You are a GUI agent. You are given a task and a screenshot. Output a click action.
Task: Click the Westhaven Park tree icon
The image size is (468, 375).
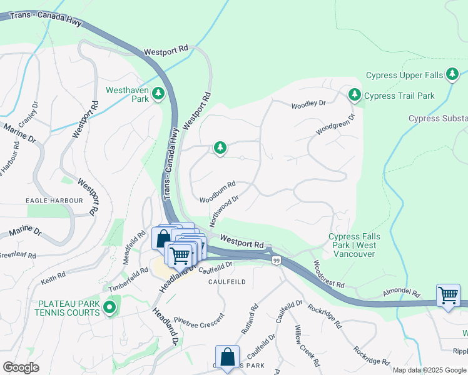pyautogui.click(x=159, y=94)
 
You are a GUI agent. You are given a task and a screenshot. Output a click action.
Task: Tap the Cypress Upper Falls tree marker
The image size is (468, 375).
pyautogui.click(x=452, y=76)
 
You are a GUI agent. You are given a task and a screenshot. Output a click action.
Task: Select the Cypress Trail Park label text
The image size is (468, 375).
pyautogui.click(x=399, y=96)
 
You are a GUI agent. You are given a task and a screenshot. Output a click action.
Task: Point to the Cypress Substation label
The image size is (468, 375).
pyautogui.click(x=438, y=118)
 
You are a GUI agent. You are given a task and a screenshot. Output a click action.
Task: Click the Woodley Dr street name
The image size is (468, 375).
pyautogui.click(x=308, y=104)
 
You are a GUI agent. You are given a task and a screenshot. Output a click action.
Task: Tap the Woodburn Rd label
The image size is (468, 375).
pyautogui.click(x=217, y=192)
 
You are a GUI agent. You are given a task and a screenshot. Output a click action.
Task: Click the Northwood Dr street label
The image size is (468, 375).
pyautogui.click(x=225, y=211)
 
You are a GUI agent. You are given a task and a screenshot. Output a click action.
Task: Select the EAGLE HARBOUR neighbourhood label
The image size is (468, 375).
pyautogui.click(x=54, y=201)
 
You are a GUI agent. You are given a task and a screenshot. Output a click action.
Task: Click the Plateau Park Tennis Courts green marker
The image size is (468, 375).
pyautogui.click(x=110, y=307)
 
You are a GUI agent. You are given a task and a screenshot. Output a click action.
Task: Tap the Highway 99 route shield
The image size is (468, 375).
pyautogui.click(x=276, y=259)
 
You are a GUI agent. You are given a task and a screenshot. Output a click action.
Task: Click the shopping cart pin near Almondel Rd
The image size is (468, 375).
pyautogui.click(x=449, y=294)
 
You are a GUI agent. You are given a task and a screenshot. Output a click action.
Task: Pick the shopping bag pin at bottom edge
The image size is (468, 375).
pyautogui.click(x=228, y=356)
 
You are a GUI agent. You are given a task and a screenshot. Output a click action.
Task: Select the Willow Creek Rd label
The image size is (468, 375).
pyautogui.click(x=307, y=346)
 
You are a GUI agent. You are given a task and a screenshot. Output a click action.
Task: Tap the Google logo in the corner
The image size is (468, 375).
pyautogui.click(x=21, y=367)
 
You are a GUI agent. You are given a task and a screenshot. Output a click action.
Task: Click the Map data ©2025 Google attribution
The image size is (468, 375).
pyautogui.click(x=429, y=370)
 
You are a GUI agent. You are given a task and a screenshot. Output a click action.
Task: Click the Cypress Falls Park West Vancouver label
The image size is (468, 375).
pyautogui.click(x=354, y=246)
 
